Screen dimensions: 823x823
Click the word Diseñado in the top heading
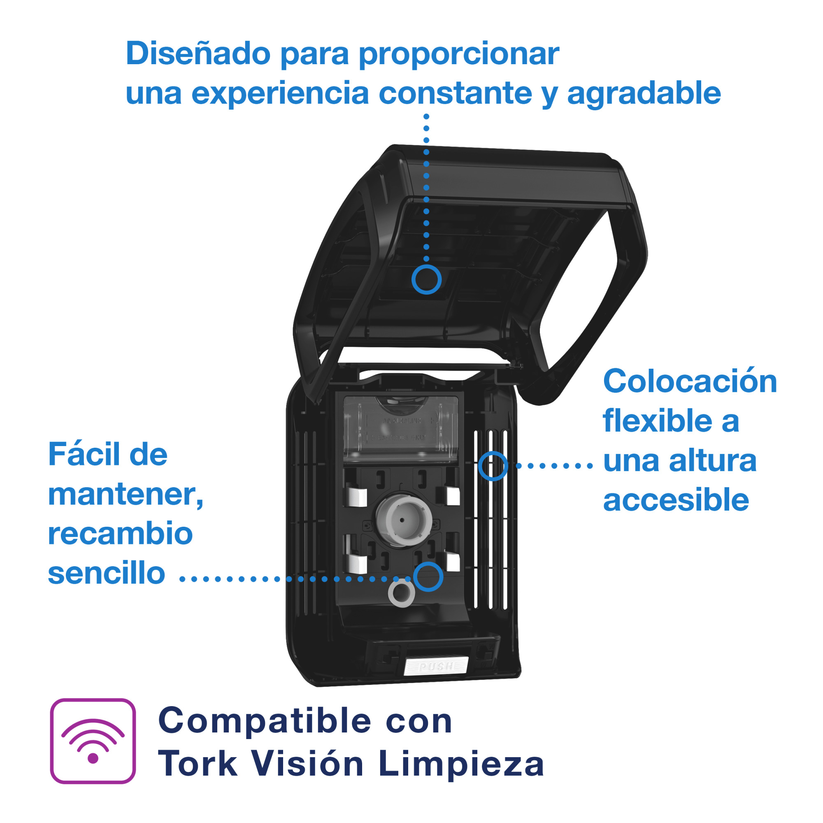198,54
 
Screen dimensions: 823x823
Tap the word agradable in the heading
644,94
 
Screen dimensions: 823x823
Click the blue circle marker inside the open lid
426,279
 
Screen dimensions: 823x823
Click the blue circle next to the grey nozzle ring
428,577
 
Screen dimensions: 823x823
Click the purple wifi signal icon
93,741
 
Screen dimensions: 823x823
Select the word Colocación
690,381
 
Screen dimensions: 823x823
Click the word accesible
676,500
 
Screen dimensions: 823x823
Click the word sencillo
107,573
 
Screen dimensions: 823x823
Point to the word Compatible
265,722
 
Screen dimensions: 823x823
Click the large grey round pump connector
402,520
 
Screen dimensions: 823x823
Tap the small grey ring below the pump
401,593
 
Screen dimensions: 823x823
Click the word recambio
121,534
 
